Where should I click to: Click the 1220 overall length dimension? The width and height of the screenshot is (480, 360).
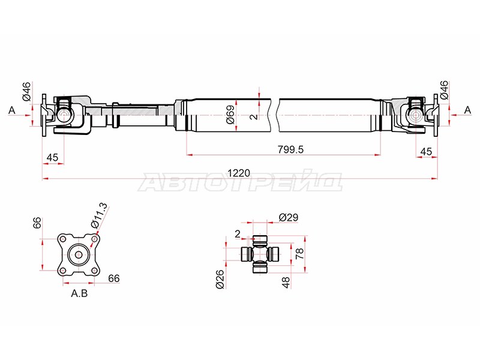238,173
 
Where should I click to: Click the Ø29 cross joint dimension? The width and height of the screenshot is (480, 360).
288,217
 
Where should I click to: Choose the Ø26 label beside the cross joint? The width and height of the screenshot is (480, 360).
220,279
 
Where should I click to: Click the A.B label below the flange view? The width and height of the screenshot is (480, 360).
79,294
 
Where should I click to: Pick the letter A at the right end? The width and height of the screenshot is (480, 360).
467,110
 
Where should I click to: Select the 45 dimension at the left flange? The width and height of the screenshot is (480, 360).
52,157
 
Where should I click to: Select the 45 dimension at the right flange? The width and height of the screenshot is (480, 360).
427,151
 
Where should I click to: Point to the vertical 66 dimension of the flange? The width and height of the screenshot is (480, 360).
37,223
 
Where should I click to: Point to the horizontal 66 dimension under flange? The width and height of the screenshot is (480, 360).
114,278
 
